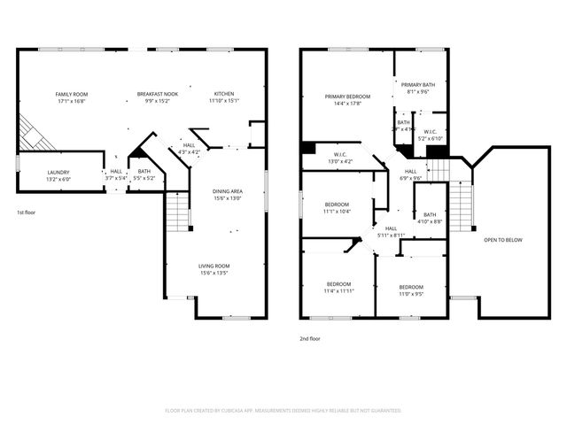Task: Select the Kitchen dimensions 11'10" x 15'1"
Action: (x=223, y=100)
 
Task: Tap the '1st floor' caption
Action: (x=27, y=213)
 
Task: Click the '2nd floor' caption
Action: (x=310, y=337)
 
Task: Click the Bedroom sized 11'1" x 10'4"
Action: (x=336, y=208)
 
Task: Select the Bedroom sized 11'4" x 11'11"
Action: (x=338, y=287)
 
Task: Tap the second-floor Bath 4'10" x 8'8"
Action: (x=429, y=218)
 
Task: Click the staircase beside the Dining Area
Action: (x=178, y=213)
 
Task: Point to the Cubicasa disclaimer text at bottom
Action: (x=283, y=411)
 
